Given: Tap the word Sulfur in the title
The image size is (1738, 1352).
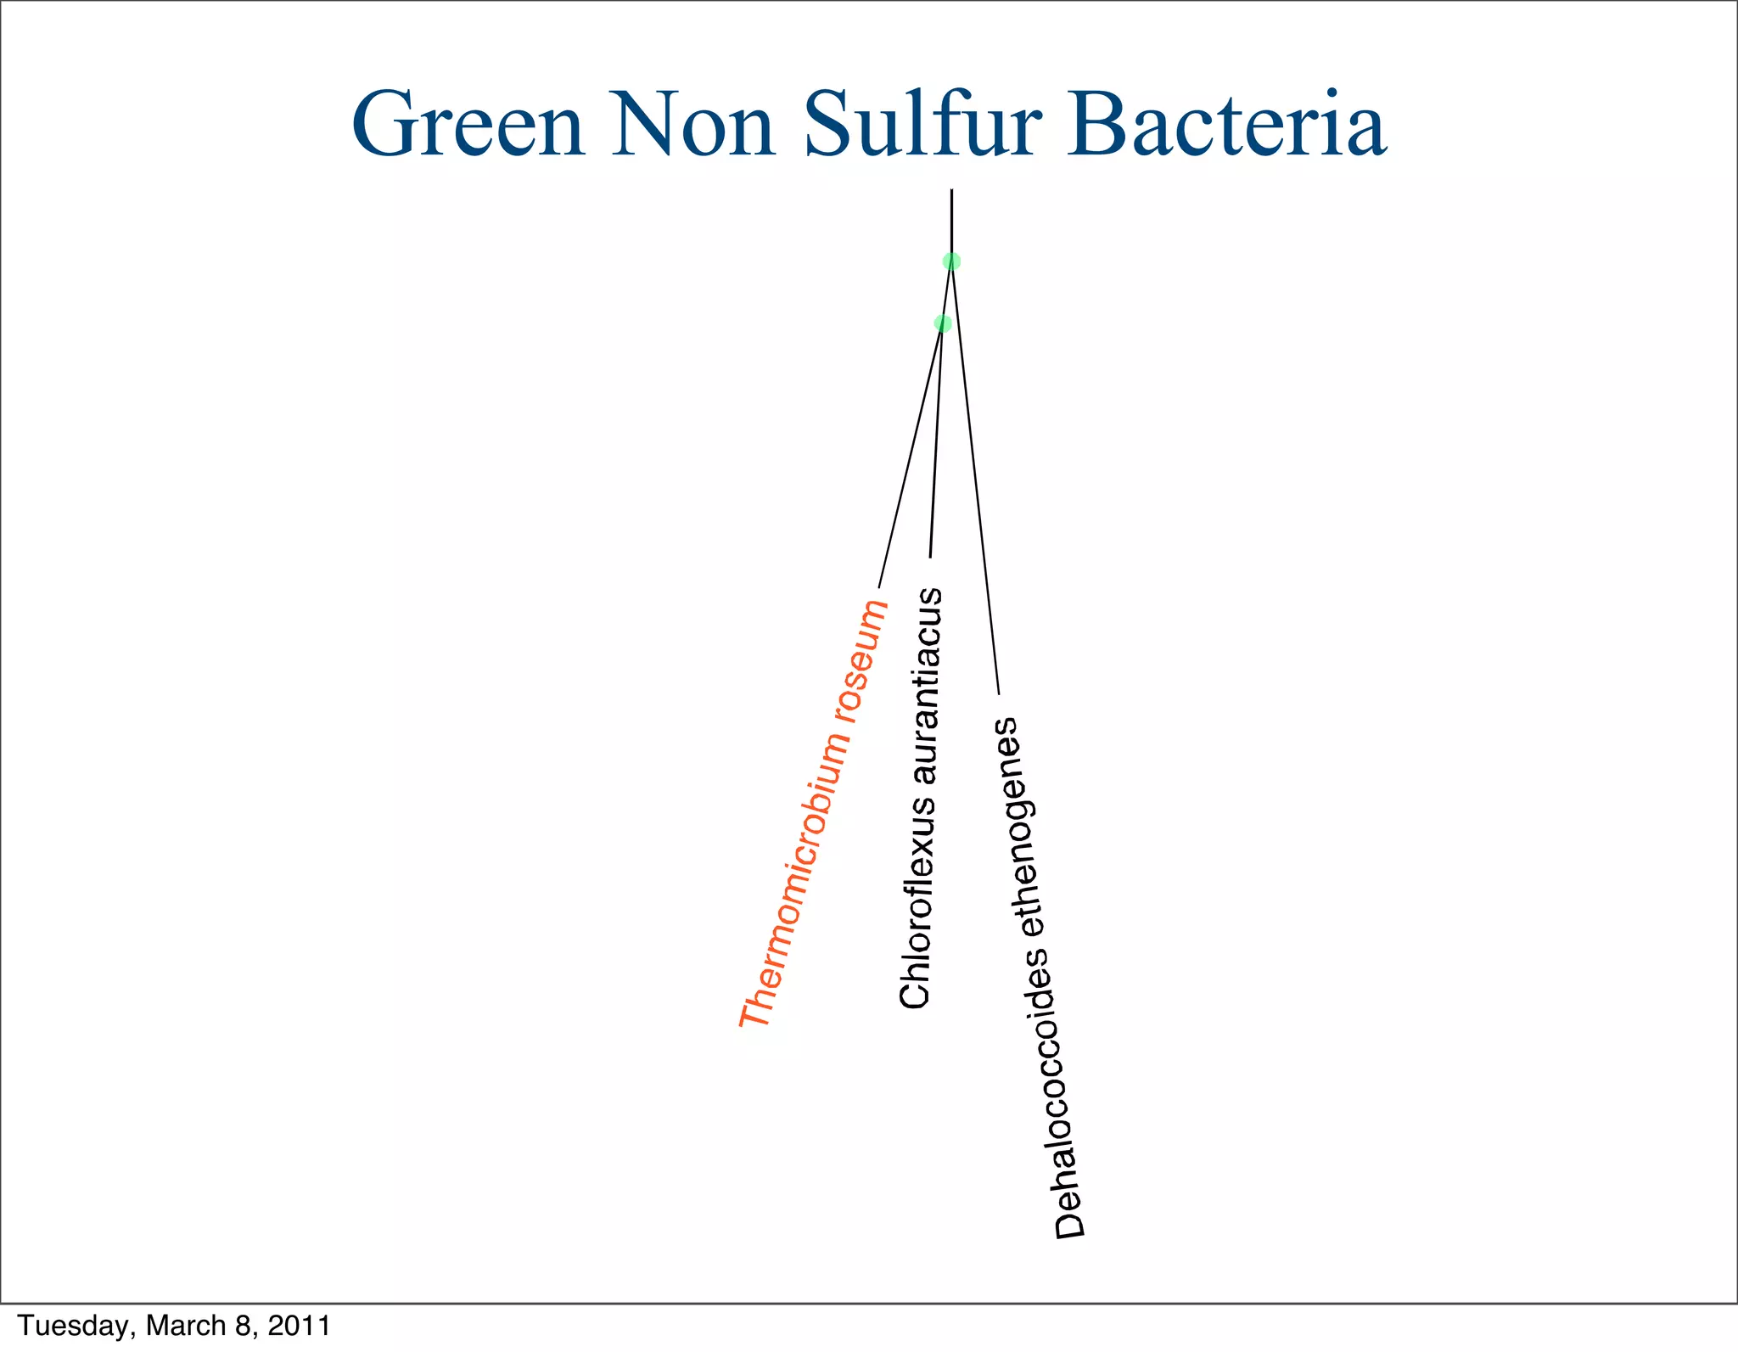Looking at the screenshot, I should point(922,126).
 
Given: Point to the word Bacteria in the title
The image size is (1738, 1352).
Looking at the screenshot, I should point(1226,126).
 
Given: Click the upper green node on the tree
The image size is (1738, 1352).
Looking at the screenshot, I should point(951,261).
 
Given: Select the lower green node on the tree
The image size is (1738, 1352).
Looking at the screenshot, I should point(942,323).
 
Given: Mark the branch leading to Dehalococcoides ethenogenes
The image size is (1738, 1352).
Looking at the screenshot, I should point(976,484).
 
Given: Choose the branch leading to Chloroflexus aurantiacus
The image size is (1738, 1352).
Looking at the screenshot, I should point(936,441).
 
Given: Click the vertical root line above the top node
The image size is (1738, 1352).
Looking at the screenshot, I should point(951,221).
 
